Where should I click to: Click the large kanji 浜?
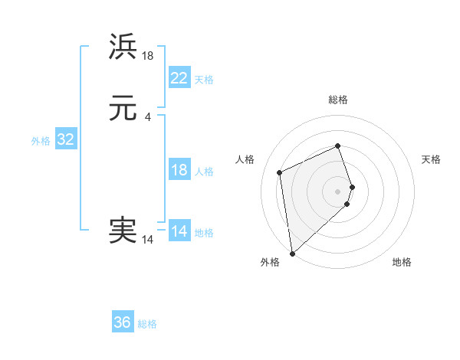click(123, 47)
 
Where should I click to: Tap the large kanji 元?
click(123, 109)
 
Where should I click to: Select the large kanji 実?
click(123, 231)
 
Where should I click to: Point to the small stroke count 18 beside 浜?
click(148, 55)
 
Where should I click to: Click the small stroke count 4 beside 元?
click(147, 116)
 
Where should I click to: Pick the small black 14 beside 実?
click(147, 240)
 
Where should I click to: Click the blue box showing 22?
click(179, 78)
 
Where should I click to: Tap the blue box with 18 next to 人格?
click(179, 170)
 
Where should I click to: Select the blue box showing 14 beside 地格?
click(179, 231)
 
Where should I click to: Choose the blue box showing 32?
click(65, 139)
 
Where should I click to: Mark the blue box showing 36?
click(123, 322)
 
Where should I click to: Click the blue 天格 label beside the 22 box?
click(204, 80)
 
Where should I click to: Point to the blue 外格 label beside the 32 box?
click(41, 141)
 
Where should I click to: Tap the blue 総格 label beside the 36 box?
click(147, 324)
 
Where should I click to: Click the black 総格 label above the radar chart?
click(338, 100)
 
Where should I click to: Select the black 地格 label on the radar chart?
click(402, 262)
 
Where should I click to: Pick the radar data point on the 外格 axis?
click(292, 253)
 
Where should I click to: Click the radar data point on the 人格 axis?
click(280, 172)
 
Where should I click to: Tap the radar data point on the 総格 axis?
click(338, 146)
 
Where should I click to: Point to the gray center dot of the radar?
click(338, 191)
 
